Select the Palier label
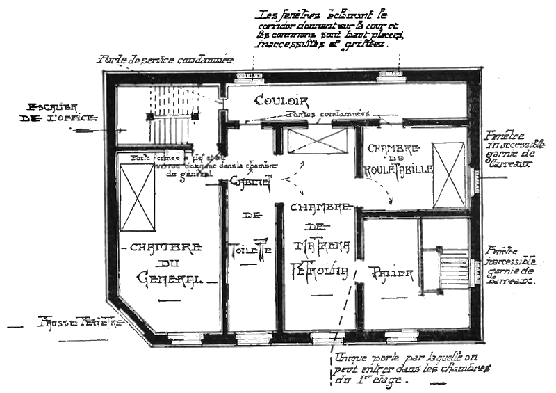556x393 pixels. point(391,273)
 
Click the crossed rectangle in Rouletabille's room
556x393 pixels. point(448,175)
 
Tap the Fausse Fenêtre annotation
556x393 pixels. point(81,324)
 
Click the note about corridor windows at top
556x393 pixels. point(330,28)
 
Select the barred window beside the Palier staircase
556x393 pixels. point(478,267)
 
